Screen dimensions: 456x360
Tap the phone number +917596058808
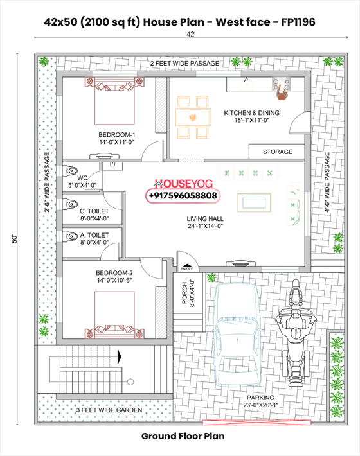tap(183, 195)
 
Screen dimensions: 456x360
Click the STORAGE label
tap(278, 152)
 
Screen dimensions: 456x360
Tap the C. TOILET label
tap(94, 215)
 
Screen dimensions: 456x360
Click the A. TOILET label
tap(94, 238)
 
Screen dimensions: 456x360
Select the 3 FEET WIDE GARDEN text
tap(105, 409)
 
